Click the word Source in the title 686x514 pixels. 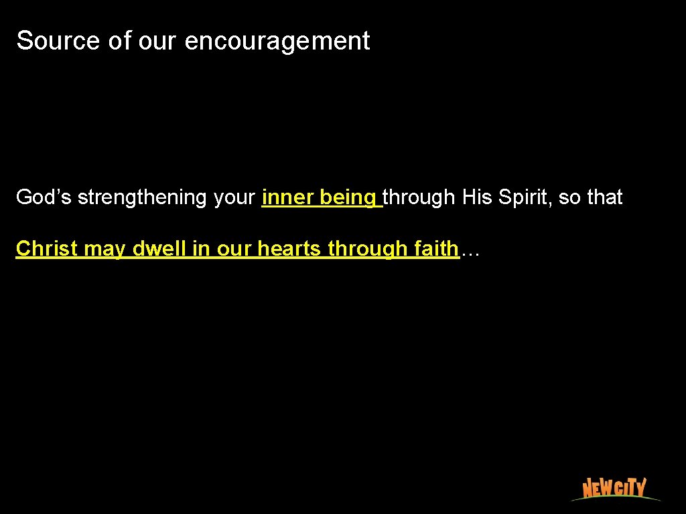pos(59,41)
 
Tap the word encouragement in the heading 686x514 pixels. pos(277,41)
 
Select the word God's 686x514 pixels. pos(44,197)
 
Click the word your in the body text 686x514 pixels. pos(235,198)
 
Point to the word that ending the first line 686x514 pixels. pos(605,197)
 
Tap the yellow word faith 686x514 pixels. pos(436,249)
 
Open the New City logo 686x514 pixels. pos(614,488)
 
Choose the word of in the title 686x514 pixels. pos(120,41)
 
